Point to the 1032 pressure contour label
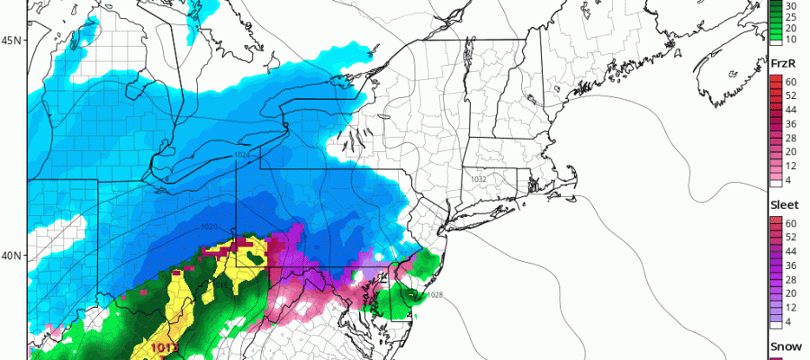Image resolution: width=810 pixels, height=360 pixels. (479, 179)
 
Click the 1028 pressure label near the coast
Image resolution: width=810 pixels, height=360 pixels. (434, 295)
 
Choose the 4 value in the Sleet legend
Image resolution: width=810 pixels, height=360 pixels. (789, 322)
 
